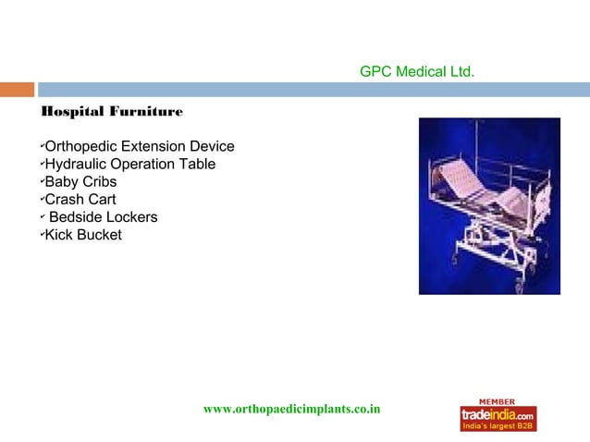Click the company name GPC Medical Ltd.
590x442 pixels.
417,70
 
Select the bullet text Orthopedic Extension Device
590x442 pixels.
139,147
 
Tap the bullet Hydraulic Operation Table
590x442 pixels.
130,165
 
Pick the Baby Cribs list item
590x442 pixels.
80,182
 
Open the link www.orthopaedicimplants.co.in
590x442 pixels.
292,409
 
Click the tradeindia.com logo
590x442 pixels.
498,414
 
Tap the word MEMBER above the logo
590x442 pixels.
498,401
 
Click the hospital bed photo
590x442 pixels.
489,206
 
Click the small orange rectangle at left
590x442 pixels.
17,91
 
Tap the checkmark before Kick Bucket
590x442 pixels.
42,234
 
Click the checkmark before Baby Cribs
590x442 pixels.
42,181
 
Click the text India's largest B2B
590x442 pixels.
498,425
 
